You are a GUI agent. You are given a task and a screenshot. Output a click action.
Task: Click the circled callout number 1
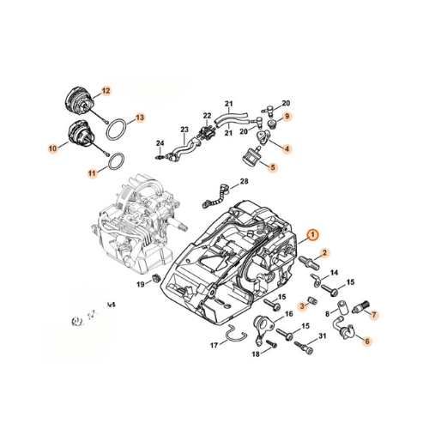click(312, 234)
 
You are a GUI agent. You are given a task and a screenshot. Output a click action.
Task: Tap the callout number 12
click(106, 90)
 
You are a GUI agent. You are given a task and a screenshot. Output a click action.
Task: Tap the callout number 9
click(287, 116)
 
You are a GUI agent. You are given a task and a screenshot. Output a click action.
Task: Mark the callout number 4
click(287, 148)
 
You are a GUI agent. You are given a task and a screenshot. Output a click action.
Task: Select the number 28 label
click(245, 182)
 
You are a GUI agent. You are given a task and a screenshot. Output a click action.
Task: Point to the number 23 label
click(184, 130)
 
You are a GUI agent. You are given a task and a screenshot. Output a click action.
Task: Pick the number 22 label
click(207, 117)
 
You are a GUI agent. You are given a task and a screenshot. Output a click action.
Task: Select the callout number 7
click(375, 313)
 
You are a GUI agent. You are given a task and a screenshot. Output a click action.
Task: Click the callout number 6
click(367, 341)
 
